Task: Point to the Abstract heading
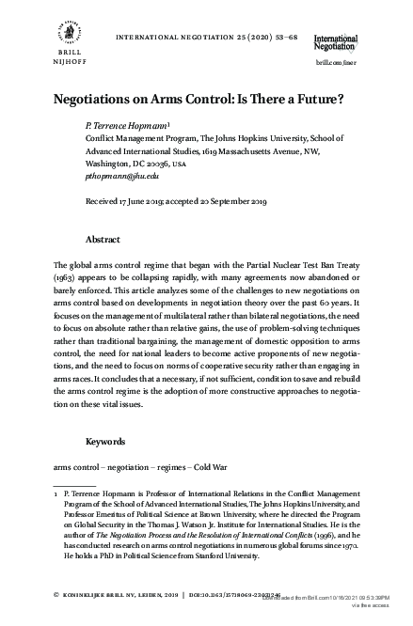click(x=103, y=240)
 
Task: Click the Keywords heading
click(x=107, y=441)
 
